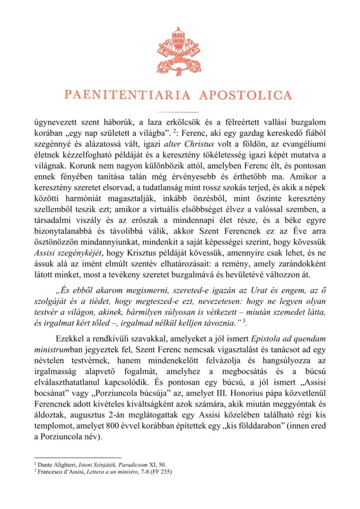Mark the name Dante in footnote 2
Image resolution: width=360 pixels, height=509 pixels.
pyautogui.click(x=45, y=464)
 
